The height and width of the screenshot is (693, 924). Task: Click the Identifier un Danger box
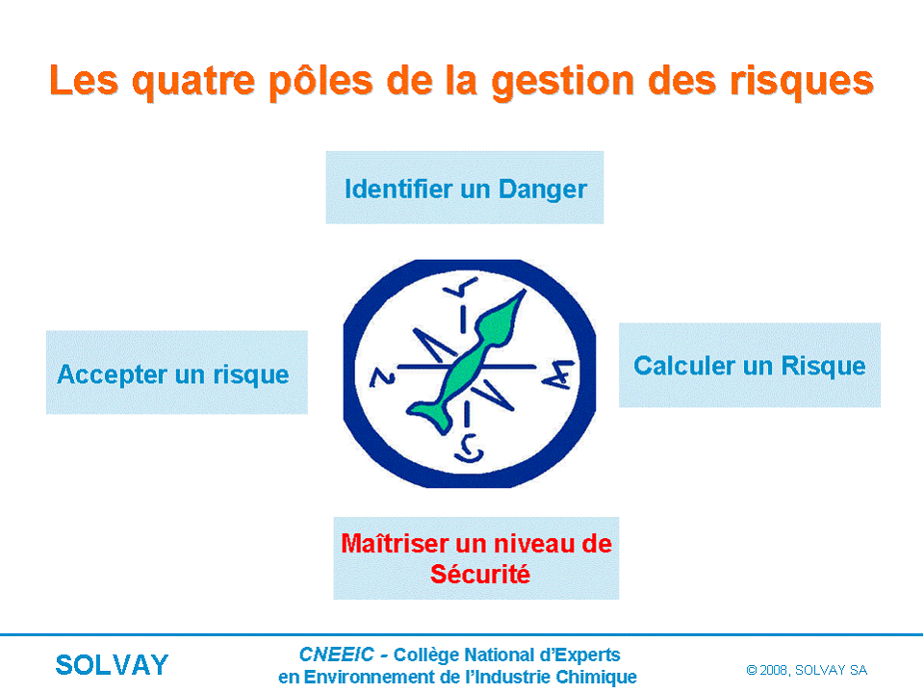464,188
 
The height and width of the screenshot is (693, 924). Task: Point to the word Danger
542,191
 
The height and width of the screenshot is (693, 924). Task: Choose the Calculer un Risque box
750,365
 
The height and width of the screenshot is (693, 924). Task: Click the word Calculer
684,366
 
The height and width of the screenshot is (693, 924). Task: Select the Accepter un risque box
177,372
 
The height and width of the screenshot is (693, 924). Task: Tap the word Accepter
112,375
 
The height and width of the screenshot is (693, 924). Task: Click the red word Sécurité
479,574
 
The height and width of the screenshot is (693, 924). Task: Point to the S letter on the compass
469,449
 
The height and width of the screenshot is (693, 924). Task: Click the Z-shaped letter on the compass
382,377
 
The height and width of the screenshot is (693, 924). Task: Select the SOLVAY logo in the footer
112,665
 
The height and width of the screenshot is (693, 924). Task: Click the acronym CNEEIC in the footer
336,654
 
